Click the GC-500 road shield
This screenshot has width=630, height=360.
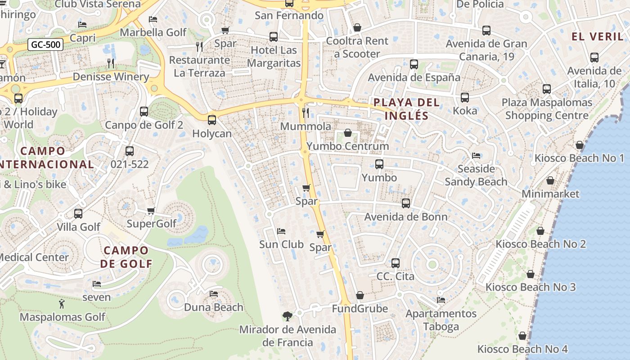point(45,45)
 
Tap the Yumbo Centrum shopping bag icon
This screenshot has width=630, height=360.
point(348,133)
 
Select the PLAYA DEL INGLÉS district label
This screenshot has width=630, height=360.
point(407,109)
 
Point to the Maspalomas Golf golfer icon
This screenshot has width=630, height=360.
point(62,304)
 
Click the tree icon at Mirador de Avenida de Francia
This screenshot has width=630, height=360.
point(287,316)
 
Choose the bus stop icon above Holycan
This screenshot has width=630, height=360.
point(212,120)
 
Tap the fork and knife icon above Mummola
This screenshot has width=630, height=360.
point(306,112)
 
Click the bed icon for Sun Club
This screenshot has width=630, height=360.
point(281,231)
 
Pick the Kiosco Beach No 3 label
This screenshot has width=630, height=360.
point(530,287)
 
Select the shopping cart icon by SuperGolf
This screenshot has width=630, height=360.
point(151,211)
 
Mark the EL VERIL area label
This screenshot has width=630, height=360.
point(596,36)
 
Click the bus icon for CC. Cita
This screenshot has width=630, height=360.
point(396,263)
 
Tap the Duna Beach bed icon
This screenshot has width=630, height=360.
point(214,294)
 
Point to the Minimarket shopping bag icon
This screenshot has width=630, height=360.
point(550,180)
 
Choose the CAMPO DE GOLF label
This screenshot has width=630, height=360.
point(126,257)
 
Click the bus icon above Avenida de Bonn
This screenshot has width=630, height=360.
point(406,203)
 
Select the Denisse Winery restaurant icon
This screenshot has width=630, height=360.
point(111,63)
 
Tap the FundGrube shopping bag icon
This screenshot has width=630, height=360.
point(360,295)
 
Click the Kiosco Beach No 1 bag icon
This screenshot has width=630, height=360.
point(580,145)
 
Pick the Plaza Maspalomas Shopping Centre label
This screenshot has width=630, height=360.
point(547,109)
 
